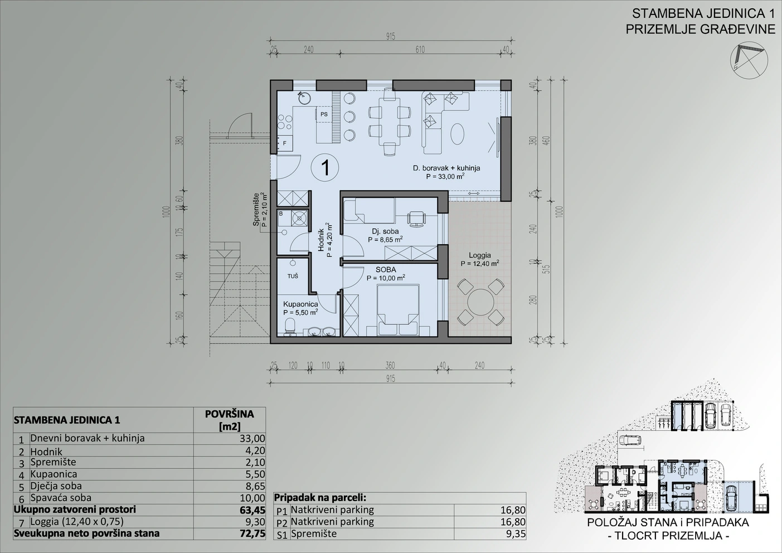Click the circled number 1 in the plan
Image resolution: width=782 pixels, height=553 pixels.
pyautogui.click(x=325, y=168)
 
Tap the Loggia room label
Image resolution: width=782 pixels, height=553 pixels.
pyautogui.click(x=480, y=255)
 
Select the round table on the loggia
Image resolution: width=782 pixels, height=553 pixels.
pyautogui.click(x=480, y=302)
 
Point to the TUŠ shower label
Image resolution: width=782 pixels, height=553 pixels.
pyautogui.click(x=293, y=276)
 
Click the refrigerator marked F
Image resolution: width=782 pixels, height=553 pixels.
pyautogui.click(x=285, y=143)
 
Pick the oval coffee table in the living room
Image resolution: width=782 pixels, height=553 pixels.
pyautogui.click(x=458, y=134)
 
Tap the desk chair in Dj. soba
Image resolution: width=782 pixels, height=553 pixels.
pyautogui.click(x=416, y=219)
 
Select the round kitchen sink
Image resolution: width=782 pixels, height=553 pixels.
pyautogui.click(x=304, y=98)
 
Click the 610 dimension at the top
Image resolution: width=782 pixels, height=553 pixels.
pyautogui.click(x=420, y=50)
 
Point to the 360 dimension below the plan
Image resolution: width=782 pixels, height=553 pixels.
pyautogui.click(x=390, y=365)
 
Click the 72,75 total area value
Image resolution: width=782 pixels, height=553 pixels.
pyautogui.click(x=252, y=533)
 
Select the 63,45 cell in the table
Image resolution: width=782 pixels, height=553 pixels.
pyautogui.click(x=252, y=510)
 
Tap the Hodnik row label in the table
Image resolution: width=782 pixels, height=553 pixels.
pyautogui.click(x=46, y=452)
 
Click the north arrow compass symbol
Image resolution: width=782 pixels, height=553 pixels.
pyautogui.click(x=749, y=60)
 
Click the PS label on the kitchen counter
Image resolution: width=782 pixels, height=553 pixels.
pyautogui.click(x=324, y=114)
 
